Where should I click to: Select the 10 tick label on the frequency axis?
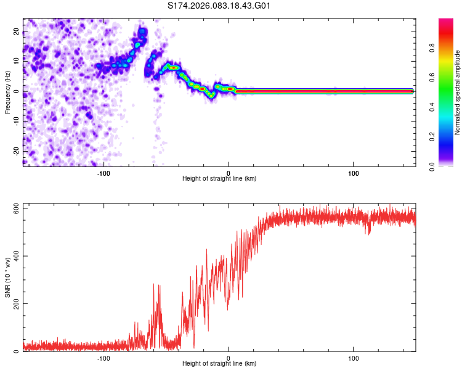(x=17, y=61)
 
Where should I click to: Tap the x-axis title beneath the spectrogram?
(x=219, y=179)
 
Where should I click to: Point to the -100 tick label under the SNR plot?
(x=103, y=358)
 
